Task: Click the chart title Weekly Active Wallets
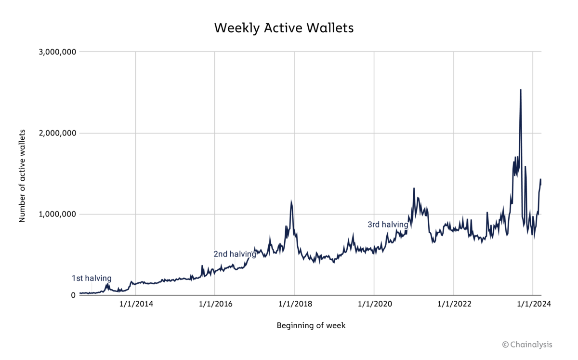(x=284, y=28)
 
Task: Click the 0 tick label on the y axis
(x=72, y=295)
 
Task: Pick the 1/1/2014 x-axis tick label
(x=135, y=305)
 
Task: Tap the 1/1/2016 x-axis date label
(x=215, y=305)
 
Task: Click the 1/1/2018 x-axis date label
(x=294, y=305)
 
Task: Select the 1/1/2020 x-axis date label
(x=374, y=305)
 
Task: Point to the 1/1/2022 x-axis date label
(x=453, y=305)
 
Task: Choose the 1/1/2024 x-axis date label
(x=532, y=305)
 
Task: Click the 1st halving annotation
(x=92, y=278)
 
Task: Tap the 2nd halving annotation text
(x=235, y=254)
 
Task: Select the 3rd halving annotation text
(x=388, y=225)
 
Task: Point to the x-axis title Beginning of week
(x=311, y=325)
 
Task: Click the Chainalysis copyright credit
(x=527, y=344)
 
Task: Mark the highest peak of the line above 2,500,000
(x=521, y=90)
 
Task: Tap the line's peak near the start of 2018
(x=291, y=201)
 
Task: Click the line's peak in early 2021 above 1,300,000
(x=414, y=188)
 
